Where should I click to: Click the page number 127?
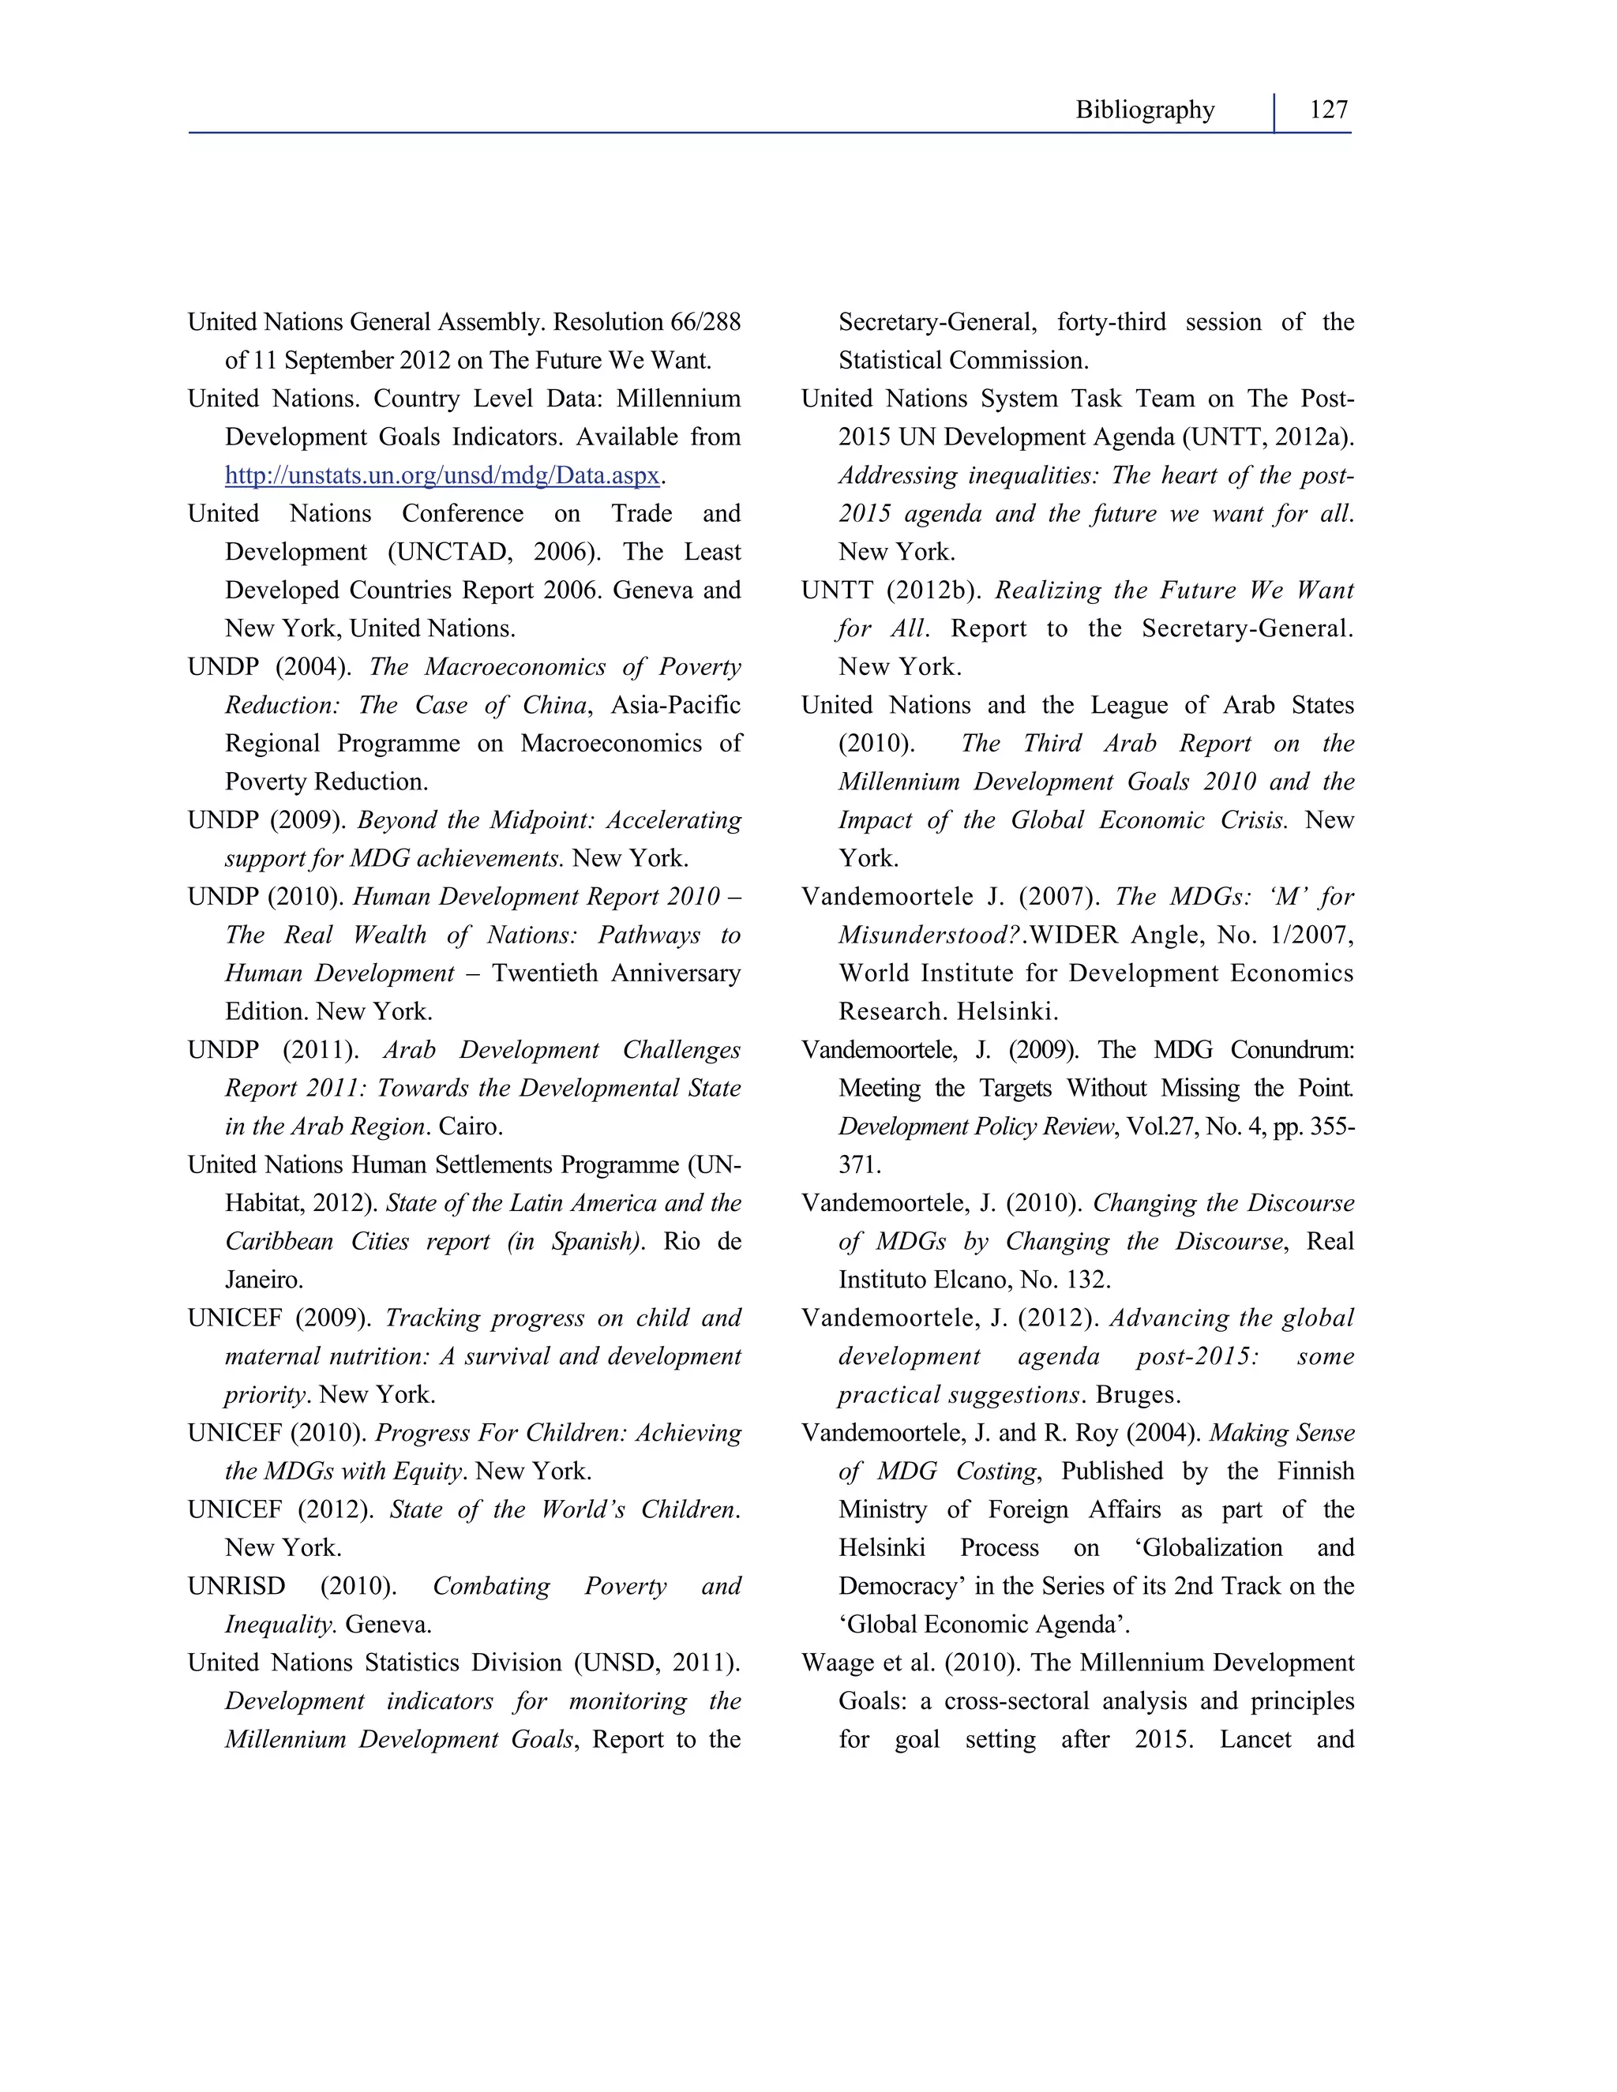pos(1328,111)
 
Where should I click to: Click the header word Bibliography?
pos(1144,111)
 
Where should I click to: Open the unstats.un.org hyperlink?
pos(441,475)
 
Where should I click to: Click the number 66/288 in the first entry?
pos(705,322)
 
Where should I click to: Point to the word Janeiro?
pos(264,1280)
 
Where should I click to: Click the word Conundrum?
pos(1292,1050)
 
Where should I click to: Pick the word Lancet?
pos(1255,1739)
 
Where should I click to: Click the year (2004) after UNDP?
pos(313,667)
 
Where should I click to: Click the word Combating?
pos(491,1586)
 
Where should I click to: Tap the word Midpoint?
pos(541,820)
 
